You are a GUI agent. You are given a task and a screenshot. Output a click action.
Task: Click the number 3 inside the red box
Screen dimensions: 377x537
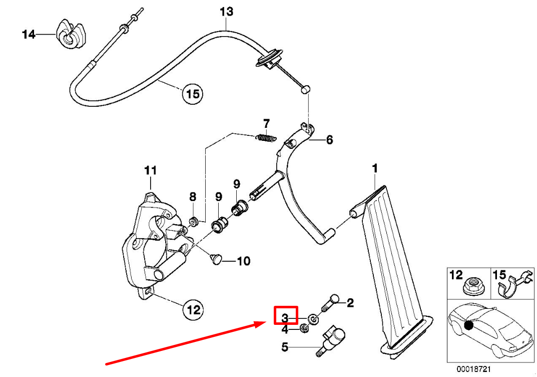click(285, 318)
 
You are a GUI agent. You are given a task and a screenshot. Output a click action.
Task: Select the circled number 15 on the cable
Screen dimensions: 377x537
click(193, 94)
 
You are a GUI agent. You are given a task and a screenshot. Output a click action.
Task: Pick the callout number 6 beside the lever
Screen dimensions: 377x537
click(329, 140)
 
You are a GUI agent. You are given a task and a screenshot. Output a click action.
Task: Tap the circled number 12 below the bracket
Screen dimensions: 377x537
click(194, 310)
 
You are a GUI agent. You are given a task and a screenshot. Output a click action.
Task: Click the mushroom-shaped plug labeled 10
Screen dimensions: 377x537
click(216, 259)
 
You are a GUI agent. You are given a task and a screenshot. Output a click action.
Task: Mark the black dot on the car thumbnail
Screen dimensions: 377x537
click(468, 325)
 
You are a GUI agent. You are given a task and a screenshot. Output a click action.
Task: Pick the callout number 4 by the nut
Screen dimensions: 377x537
click(285, 329)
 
